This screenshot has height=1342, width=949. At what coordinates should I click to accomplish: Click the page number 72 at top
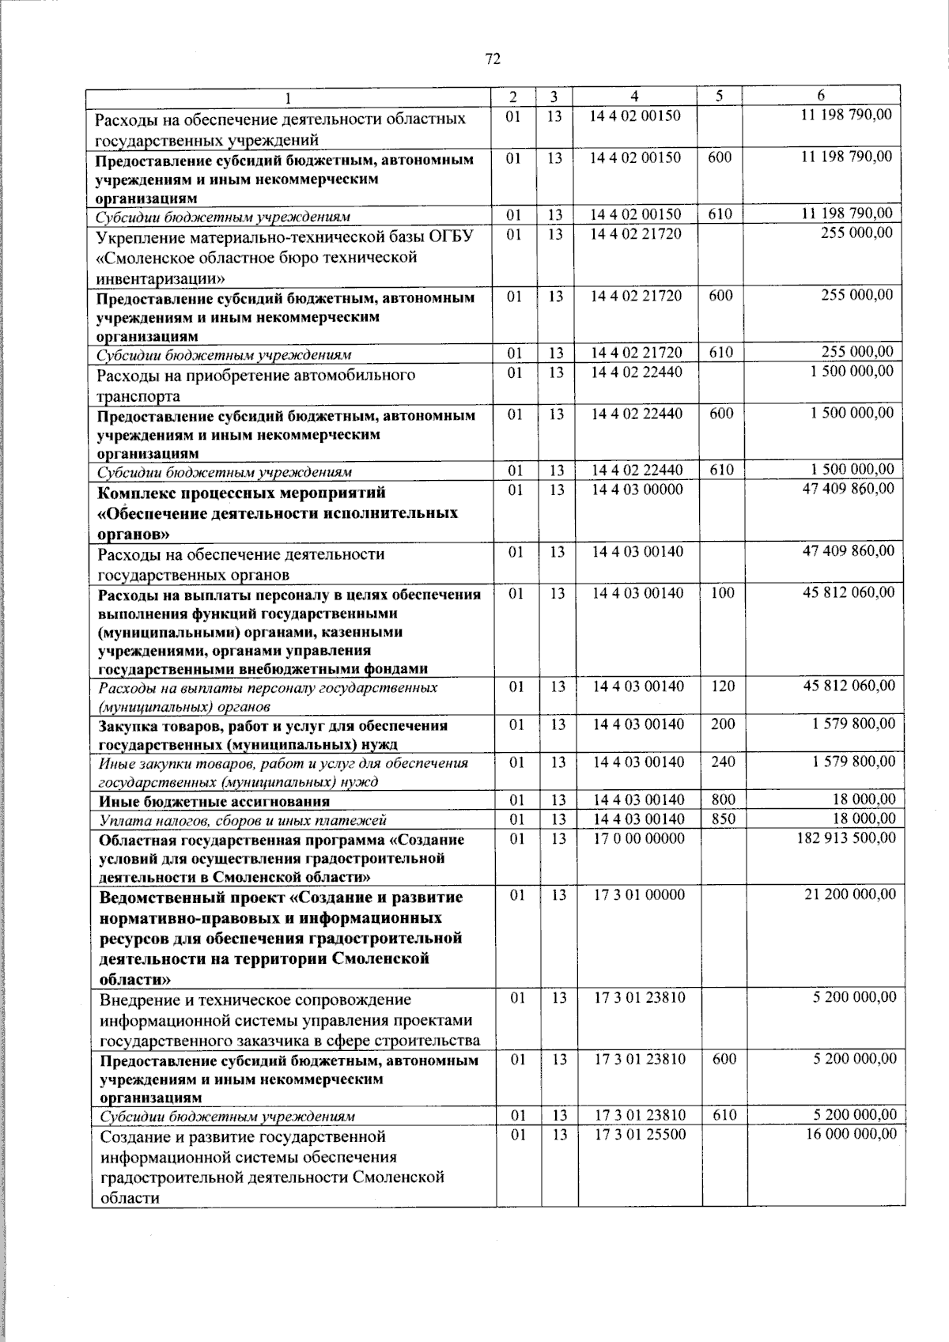click(x=493, y=59)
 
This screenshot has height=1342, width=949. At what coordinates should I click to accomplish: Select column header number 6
click(x=821, y=96)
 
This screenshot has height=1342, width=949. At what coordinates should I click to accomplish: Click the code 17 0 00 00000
click(x=639, y=837)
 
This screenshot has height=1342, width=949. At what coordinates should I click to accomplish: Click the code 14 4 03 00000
click(x=637, y=490)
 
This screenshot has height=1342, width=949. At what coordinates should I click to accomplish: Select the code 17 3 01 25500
click(x=640, y=1133)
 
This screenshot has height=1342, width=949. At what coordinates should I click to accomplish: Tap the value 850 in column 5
click(x=723, y=819)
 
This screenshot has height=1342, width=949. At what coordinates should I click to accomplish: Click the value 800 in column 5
click(x=723, y=800)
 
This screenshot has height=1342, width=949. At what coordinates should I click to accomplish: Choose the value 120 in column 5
click(x=723, y=686)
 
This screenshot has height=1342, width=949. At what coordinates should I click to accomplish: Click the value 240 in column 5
click(x=723, y=762)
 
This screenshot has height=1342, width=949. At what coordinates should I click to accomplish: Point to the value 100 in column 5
click(x=723, y=592)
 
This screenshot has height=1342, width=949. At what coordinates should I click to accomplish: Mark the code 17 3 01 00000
click(x=639, y=894)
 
